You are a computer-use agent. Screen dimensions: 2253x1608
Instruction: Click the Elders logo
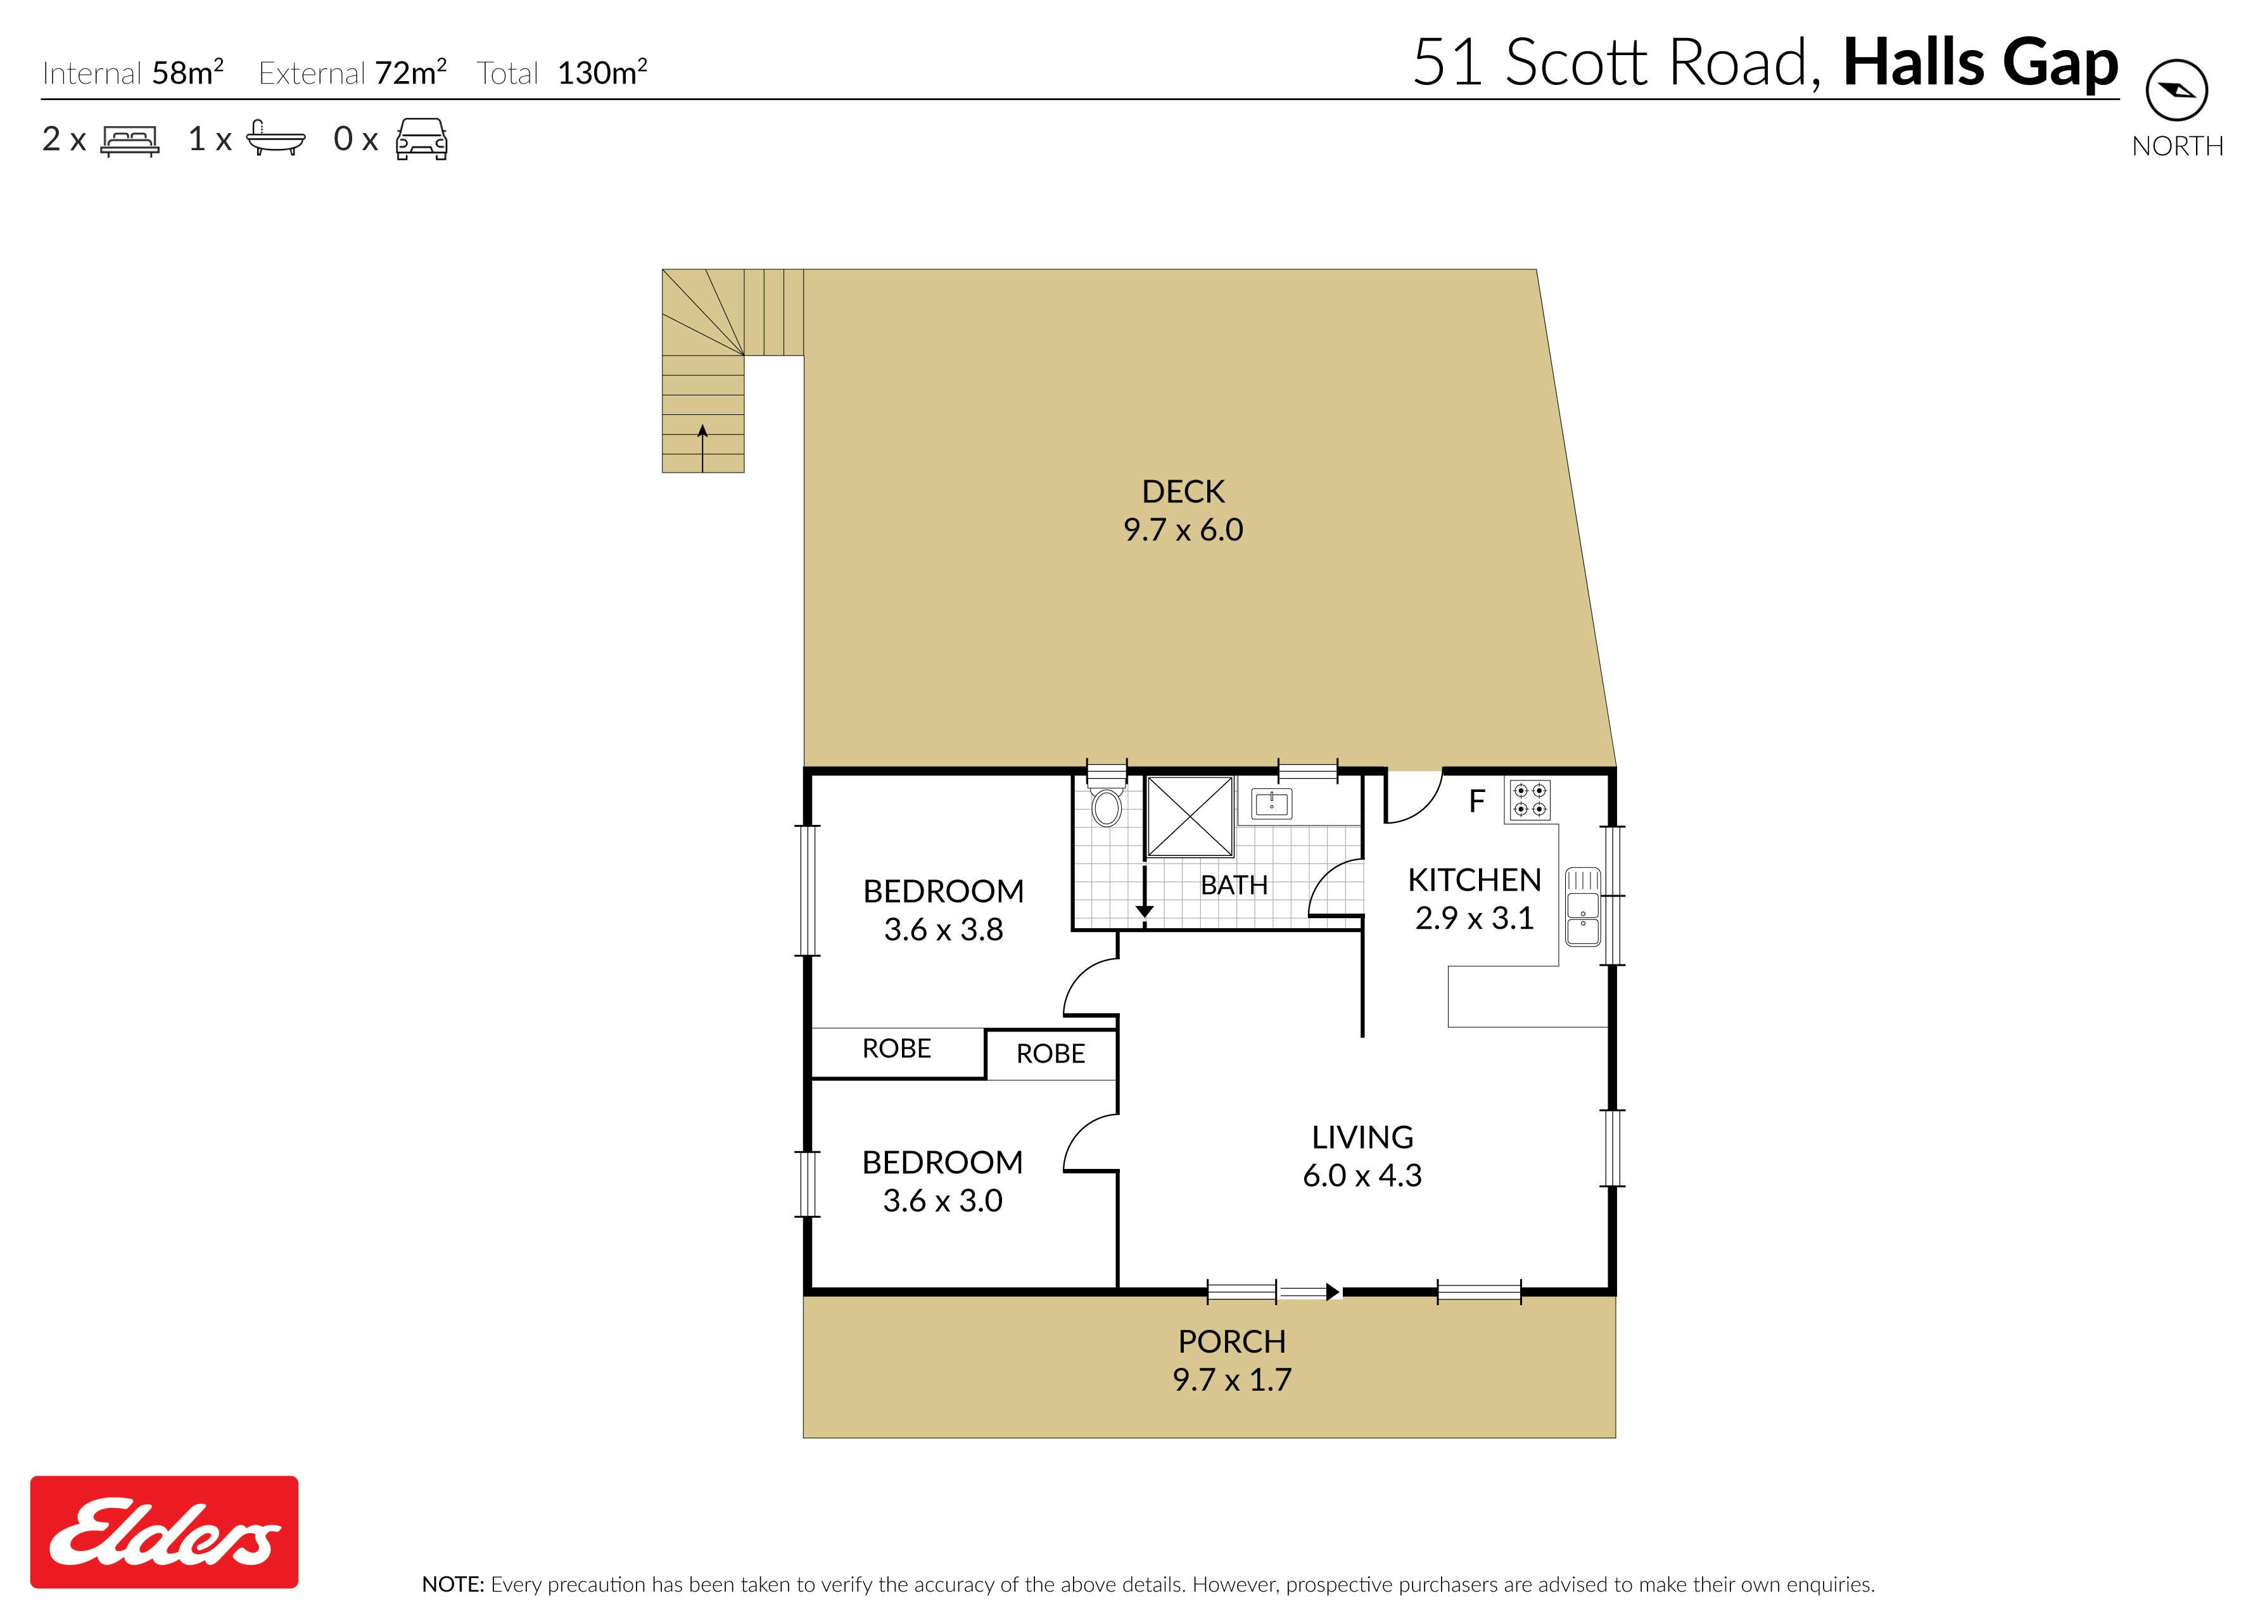point(163,1532)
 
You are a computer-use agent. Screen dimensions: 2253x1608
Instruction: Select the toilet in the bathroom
point(1106,803)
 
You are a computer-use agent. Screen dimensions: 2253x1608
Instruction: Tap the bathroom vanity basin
point(1272,803)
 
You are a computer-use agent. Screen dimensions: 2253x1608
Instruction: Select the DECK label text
point(1183,491)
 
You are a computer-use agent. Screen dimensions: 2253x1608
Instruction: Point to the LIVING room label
point(1362,1137)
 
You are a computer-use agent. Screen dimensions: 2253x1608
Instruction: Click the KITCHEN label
point(1474,879)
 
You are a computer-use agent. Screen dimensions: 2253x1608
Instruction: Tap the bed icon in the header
point(130,141)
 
